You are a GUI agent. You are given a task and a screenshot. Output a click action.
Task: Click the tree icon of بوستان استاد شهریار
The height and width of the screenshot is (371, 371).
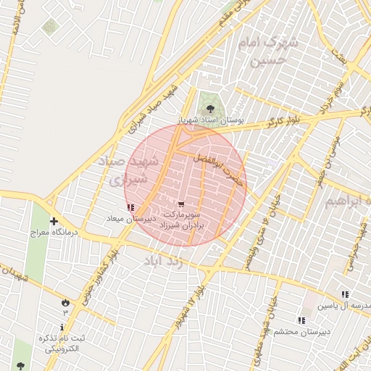click(210, 109)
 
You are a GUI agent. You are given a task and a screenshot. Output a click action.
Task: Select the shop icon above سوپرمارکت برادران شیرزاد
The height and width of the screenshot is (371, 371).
click(180, 204)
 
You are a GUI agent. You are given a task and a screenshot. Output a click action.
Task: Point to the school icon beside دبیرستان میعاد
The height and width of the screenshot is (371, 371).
click(130, 208)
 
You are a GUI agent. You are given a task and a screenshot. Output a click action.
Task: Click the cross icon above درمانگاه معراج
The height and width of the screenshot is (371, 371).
click(54, 222)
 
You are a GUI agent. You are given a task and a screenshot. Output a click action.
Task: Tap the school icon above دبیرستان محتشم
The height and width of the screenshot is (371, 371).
click(301, 320)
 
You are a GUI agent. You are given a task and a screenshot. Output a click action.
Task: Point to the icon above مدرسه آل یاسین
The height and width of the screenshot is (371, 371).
click(345, 294)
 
